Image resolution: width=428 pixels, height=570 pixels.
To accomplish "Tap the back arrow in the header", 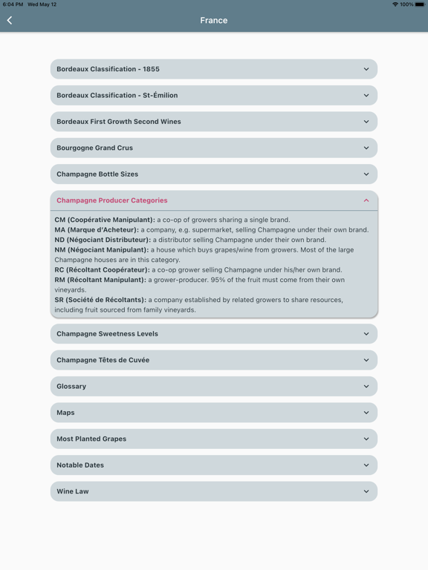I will tap(10, 21).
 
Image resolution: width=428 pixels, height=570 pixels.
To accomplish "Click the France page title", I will tap(214, 21).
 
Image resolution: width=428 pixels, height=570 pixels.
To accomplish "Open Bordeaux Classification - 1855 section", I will tap(213, 69).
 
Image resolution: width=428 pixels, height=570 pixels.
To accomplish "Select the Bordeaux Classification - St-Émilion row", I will tap(213, 95).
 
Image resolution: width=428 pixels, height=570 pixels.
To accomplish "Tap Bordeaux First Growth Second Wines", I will tap(213, 122).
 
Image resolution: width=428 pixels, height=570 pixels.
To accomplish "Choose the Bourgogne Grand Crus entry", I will tap(213, 148).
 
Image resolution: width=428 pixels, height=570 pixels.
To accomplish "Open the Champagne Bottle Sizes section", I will tap(213, 174).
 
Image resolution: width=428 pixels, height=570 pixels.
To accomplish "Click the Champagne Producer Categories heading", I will tap(112, 200).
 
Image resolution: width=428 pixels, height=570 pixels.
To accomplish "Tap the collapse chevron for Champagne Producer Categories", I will tap(366, 200).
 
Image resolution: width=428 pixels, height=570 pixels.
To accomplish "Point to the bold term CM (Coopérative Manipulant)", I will tap(105, 220).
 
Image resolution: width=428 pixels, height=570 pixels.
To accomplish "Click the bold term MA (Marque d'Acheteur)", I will tap(97, 230).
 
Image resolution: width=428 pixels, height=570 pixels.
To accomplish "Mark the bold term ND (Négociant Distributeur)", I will tap(103, 240).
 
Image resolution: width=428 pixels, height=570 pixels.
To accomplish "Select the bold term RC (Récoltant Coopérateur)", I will tap(102, 270).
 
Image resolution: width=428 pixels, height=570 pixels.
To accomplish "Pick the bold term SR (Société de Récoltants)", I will tap(100, 300).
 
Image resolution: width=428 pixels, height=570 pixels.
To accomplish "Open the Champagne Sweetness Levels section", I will tap(213, 334).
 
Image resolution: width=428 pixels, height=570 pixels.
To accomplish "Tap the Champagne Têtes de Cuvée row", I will tap(213, 360).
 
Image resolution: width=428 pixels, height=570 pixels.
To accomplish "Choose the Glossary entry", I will tap(213, 387).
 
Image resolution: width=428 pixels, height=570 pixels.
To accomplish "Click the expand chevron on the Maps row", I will tap(366, 413).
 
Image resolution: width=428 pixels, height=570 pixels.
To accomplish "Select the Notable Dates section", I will tap(213, 465).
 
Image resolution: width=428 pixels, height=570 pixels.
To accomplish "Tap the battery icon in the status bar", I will tap(420, 4).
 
